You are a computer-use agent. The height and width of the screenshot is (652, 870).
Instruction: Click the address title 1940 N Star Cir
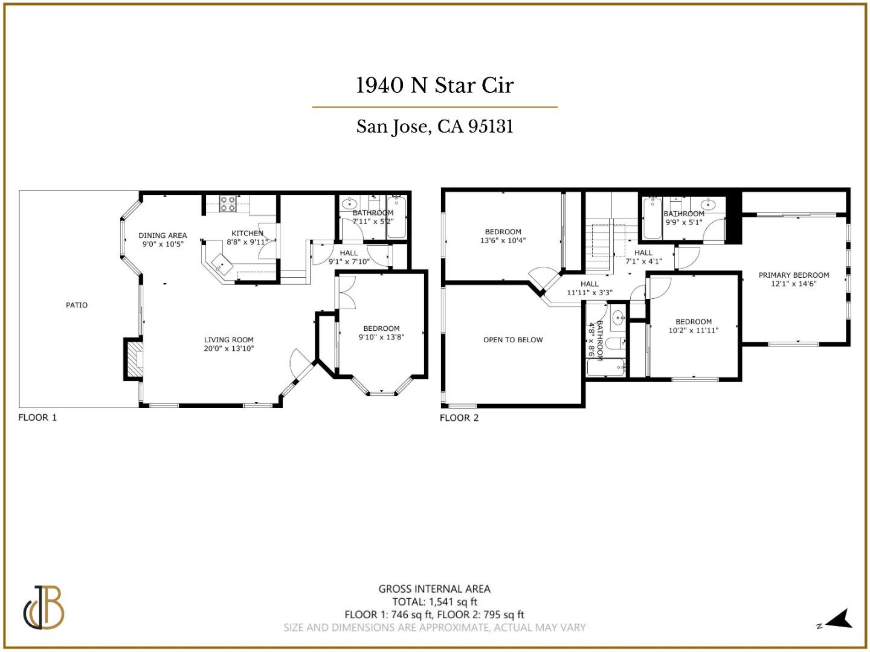(434, 86)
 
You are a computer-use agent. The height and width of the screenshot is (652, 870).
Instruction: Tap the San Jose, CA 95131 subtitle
(434, 127)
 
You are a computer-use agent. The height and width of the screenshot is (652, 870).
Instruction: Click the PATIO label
(77, 305)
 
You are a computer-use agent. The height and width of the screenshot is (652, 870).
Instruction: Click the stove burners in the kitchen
(227, 204)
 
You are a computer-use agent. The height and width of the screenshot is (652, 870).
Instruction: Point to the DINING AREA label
(163, 235)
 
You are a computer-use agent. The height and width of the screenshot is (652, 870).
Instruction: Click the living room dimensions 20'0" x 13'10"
(228, 348)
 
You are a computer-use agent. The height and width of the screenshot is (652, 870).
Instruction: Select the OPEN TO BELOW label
(513, 340)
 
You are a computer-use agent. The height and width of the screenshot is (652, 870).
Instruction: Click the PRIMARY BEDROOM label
(794, 275)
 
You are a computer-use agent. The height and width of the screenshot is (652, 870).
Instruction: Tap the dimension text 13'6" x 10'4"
(503, 240)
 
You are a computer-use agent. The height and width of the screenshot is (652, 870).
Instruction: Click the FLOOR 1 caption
(37, 418)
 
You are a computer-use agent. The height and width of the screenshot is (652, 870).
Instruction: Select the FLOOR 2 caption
(459, 418)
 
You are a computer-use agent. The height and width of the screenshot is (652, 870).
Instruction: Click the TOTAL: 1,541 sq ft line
(434, 602)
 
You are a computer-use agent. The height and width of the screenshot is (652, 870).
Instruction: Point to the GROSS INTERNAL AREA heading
(434, 589)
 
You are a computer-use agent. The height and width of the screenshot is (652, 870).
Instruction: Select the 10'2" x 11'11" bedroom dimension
(694, 330)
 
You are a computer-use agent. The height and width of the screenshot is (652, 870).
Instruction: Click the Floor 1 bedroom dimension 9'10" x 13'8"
(381, 337)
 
